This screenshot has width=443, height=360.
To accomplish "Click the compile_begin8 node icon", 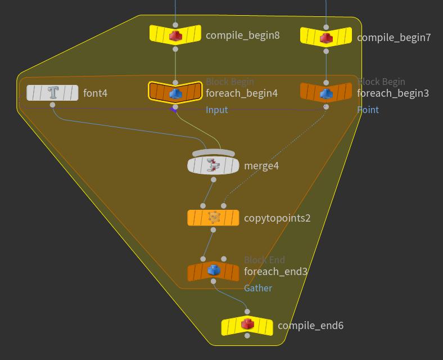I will pos(175,35).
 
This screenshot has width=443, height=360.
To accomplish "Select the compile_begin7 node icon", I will pos(326,38).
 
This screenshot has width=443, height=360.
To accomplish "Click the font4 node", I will pos(52,93).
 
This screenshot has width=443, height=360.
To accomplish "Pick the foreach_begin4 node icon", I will pos(175,93).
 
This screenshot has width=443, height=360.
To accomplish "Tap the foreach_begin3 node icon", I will pos(326,93).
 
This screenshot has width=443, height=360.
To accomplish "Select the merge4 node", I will pos(213,165).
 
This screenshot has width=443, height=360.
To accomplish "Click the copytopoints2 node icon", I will pos(213,217).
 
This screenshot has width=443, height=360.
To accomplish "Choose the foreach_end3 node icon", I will pos(213,271).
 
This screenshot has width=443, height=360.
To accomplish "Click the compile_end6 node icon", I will pos(247,325).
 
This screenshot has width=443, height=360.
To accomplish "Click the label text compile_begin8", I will pos(242,35).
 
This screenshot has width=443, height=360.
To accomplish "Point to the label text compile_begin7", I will pos(394,38).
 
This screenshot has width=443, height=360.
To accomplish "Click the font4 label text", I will pos(95,93).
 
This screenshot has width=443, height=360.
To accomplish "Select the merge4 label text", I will pos(261,166).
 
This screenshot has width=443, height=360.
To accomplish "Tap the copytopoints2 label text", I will pos(277,218).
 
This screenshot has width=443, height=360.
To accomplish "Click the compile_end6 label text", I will pos(310,326).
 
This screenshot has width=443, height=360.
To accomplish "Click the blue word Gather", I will pos(257,288).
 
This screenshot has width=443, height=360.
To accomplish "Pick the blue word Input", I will pos(216,110).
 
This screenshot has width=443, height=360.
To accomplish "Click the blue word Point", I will pos(368,110).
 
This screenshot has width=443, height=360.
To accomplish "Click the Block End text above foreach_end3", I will pos(264,260).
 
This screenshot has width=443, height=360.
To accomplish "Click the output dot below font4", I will pos(53,105).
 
